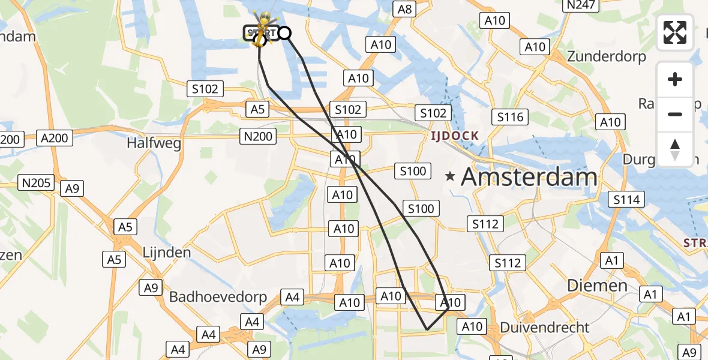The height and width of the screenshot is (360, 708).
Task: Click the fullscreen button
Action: tap(675, 32)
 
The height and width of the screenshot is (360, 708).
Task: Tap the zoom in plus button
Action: tap(675, 79)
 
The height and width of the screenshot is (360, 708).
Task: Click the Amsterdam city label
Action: tap(529, 177)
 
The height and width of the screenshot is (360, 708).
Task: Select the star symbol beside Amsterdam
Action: tap(450, 176)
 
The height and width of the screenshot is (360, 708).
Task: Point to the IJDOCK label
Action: tap(454, 136)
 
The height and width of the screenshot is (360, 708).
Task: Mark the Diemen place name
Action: tap(597, 286)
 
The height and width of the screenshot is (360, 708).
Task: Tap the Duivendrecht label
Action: tap(545, 328)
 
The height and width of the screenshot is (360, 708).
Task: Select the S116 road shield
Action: tap(510, 117)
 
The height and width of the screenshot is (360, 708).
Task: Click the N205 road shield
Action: tap(37, 183)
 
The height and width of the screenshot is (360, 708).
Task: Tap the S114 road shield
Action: tap(626, 199)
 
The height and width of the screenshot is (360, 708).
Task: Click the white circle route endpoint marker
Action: tap(285, 33)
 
